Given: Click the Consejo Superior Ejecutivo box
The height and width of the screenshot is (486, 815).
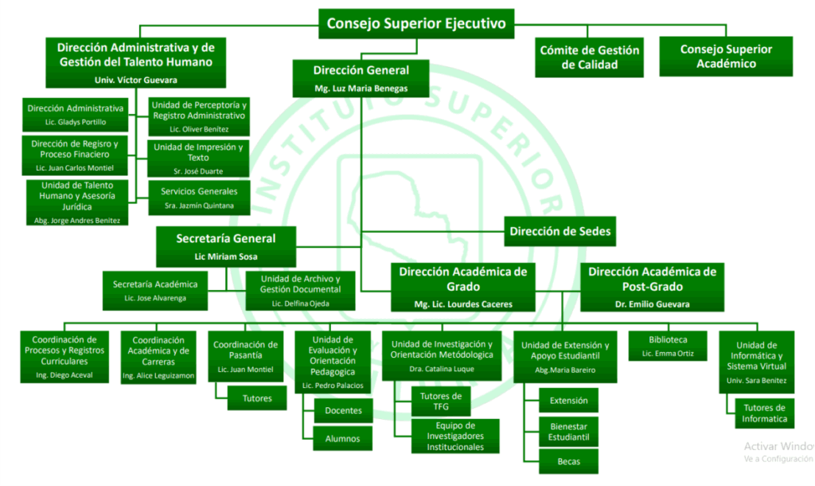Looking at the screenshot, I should (416, 24).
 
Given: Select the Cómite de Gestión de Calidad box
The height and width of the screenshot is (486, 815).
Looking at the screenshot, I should (589, 57).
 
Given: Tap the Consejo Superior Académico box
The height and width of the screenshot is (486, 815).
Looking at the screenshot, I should (726, 57).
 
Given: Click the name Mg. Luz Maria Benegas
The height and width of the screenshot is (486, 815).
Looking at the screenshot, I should (361, 89).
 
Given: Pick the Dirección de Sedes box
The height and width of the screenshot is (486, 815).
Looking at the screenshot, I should (560, 232).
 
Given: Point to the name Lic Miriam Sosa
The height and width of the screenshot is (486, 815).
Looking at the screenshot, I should (226, 257).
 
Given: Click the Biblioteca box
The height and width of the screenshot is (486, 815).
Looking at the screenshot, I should (668, 346).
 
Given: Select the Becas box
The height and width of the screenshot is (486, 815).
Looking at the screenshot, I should (569, 461).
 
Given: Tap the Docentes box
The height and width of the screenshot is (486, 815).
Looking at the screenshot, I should (343, 411).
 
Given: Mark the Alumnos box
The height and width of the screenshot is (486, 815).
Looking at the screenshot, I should (343, 438).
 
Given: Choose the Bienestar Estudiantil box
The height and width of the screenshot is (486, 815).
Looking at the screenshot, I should (569, 432).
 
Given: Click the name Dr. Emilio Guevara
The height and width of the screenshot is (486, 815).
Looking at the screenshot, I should (652, 304).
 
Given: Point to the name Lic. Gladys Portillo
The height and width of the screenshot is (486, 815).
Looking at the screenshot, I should (76, 123).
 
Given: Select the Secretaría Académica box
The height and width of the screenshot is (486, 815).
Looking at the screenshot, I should (155, 290).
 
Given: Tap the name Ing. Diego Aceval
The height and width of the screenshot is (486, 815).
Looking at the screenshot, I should (65, 374).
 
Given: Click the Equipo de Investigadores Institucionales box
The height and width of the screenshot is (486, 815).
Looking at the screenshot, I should (455, 436).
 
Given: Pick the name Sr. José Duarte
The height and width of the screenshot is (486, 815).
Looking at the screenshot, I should (199, 171).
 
